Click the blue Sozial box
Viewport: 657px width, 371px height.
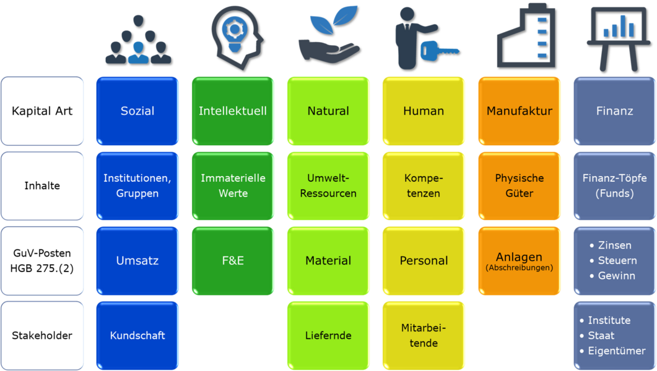click(x=137, y=111)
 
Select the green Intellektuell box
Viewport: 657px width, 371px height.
click(x=233, y=111)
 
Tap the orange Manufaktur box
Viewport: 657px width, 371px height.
click(x=519, y=111)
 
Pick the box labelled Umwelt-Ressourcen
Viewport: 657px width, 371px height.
click(x=328, y=185)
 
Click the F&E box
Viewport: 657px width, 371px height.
click(x=233, y=260)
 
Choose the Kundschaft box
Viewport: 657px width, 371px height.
click(x=137, y=336)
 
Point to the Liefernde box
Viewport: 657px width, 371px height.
click(x=328, y=336)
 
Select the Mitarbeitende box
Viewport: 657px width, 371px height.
click(x=424, y=336)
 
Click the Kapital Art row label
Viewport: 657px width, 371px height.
click(x=42, y=111)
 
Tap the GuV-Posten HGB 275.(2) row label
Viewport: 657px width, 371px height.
click(x=42, y=260)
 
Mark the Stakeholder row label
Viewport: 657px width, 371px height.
click(x=42, y=336)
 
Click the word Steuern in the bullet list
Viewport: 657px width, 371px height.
click(x=617, y=260)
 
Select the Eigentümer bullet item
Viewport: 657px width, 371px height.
click(x=616, y=351)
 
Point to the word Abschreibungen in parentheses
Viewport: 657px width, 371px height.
click(x=519, y=268)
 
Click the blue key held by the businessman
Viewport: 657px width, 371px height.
click(x=440, y=51)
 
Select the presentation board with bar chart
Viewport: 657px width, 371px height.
click(x=619, y=39)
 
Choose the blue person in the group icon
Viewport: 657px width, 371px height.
click(x=138, y=53)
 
